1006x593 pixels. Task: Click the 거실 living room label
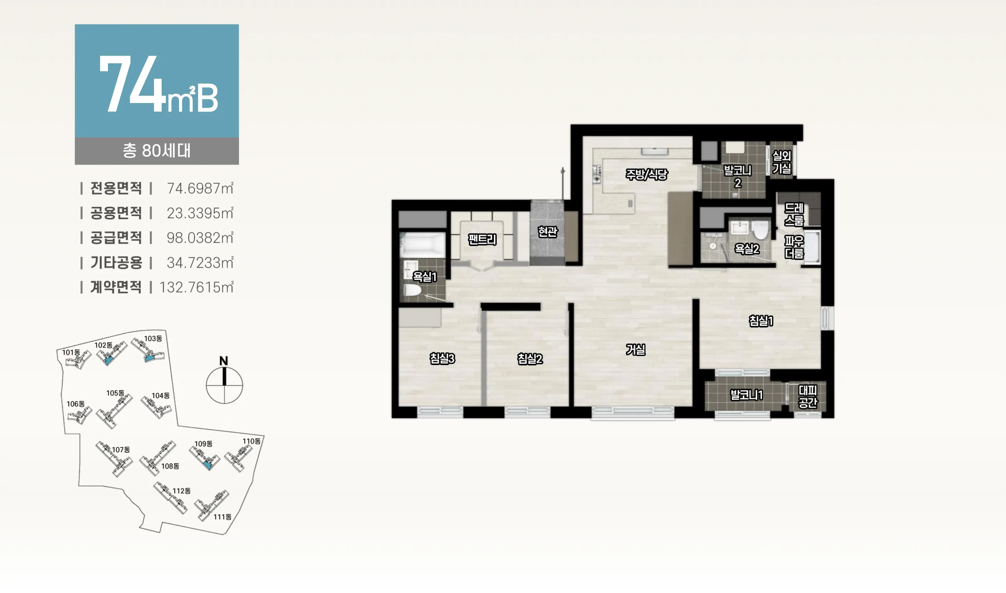point(635,350)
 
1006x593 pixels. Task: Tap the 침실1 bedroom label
point(761,321)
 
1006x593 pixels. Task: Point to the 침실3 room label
point(442,358)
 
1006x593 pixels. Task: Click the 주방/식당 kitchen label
point(647,174)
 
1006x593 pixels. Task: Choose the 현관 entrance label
point(547,232)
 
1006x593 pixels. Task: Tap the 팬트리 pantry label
point(482,240)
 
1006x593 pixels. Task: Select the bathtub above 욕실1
point(423,245)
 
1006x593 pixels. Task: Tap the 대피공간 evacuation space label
point(807,396)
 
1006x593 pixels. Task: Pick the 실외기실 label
point(782,162)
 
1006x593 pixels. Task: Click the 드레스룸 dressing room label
point(794,214)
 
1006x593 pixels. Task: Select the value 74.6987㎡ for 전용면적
point(200,188)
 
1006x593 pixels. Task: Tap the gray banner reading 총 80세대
point(157,151)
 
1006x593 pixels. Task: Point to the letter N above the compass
point(224,361)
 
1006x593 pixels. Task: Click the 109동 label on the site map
point(203,444)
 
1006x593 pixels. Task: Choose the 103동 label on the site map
point(153,339)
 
